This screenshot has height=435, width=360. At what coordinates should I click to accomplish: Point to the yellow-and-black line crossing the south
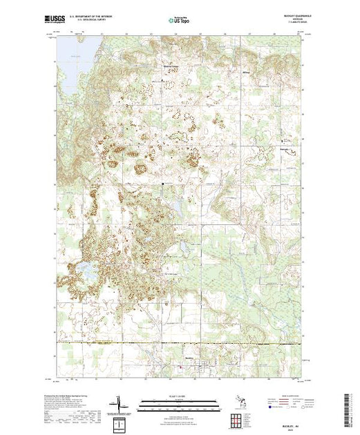click(x=180, y=342)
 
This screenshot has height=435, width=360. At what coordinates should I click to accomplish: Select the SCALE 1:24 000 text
click(x=180, y=396)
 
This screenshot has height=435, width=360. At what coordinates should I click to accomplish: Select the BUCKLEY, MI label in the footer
click(x=289, y=423)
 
